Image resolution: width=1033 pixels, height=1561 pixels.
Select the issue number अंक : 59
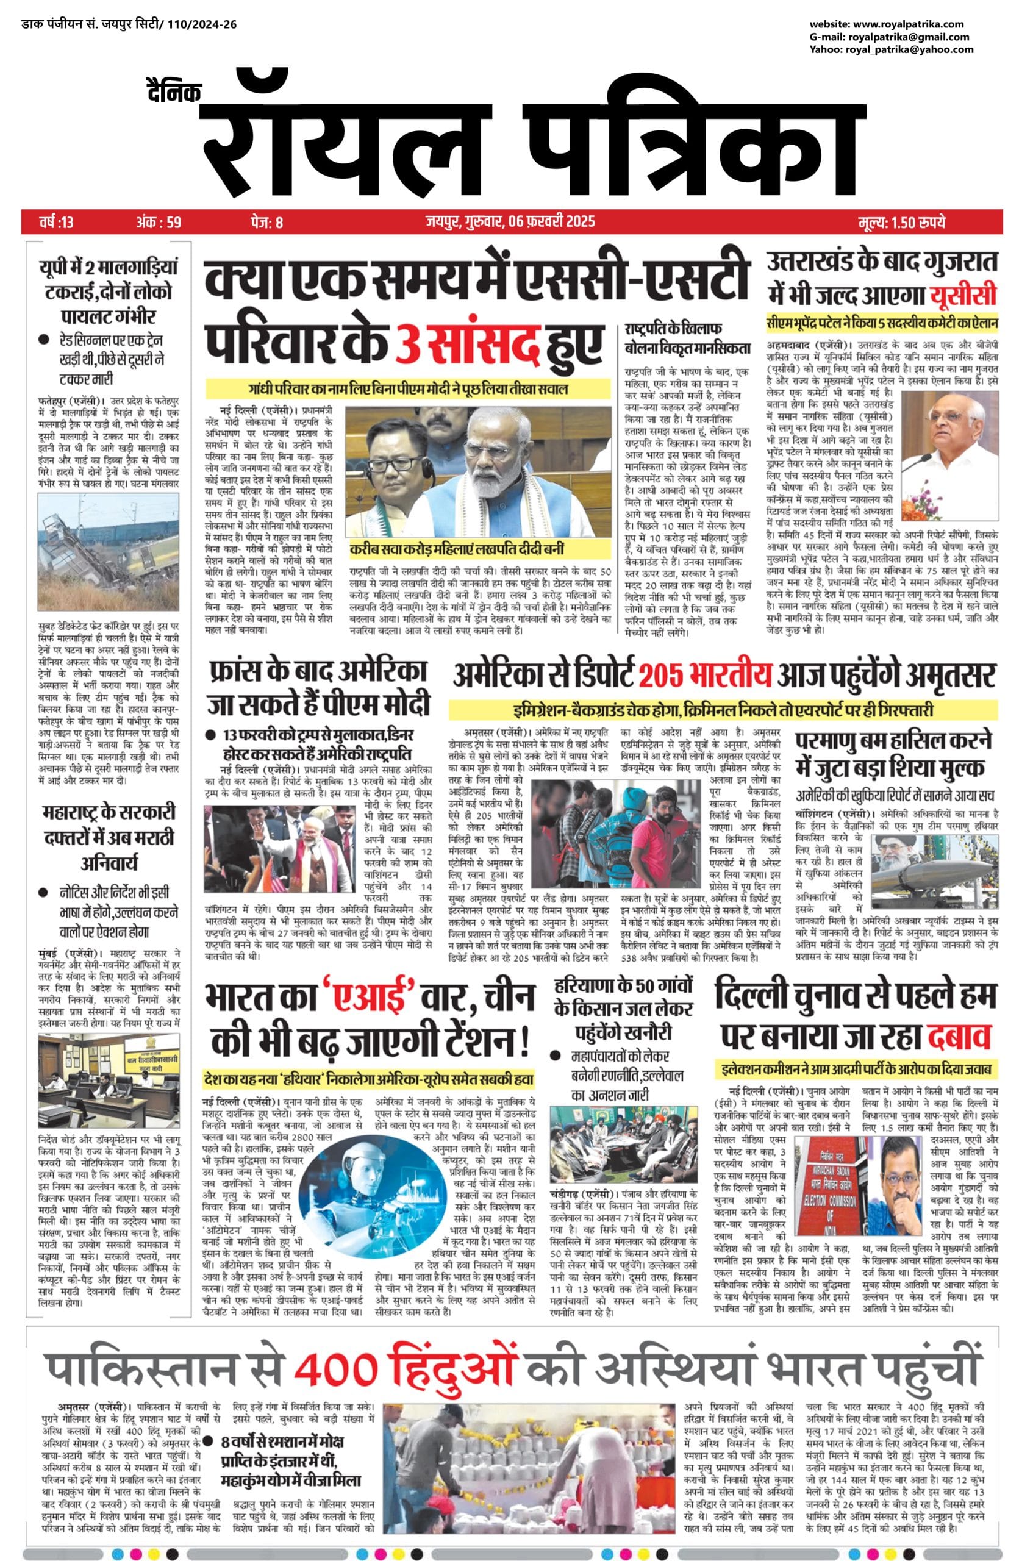point(158,222)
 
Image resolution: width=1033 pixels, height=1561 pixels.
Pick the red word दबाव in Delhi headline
point(959,1036)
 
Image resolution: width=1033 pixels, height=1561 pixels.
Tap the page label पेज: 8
point(267,222)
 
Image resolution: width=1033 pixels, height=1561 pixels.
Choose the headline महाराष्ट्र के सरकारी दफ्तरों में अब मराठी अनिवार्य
point(109,836)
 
